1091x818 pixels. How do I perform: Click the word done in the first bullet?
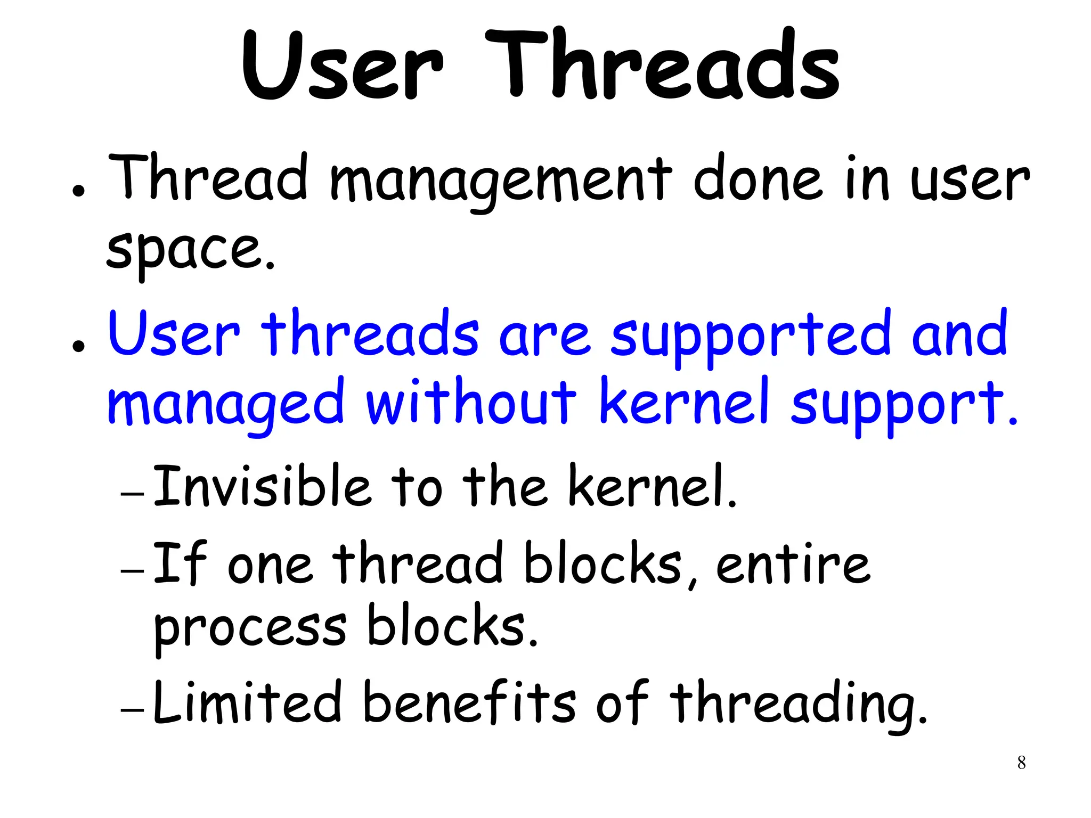[x=759, y=178]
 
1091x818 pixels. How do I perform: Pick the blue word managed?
[x=226, y=404]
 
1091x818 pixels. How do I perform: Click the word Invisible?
[x=262, y=486]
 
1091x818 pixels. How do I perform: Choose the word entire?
[x=793, y=563]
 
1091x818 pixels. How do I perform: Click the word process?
[x=250, y=628]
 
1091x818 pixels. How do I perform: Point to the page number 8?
[x=1021, y=763]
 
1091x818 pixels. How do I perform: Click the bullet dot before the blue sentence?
[x=79, y=347]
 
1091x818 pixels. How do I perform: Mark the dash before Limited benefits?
[x=132, y=710]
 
